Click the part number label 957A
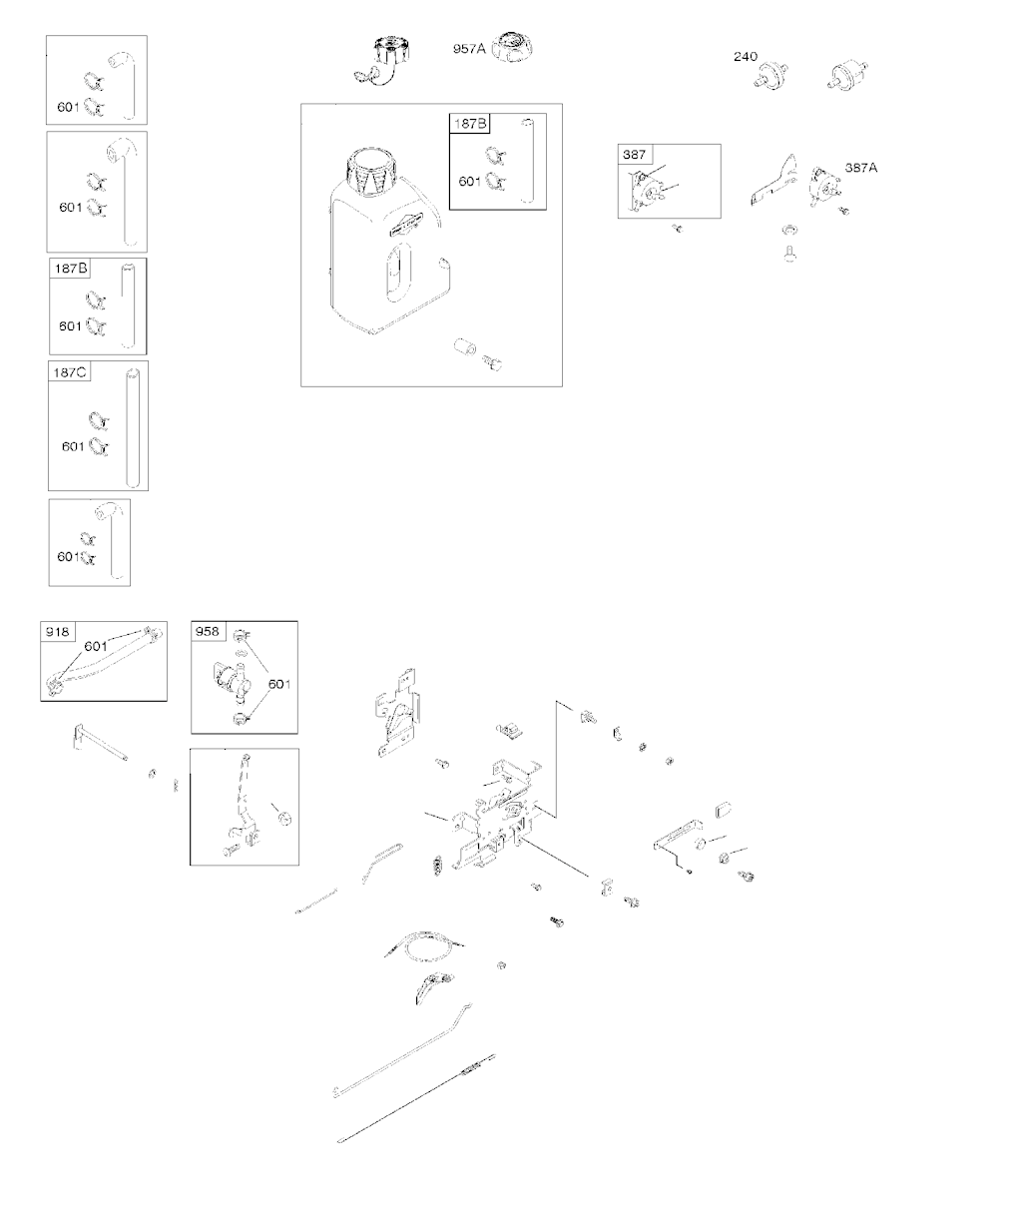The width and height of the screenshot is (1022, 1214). [469, 47]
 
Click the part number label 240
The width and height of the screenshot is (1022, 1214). [745, 57]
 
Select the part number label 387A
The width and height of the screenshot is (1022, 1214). [861, 168]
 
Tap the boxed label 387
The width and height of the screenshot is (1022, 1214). [635, 155]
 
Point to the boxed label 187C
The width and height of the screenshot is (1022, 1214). [69, 372]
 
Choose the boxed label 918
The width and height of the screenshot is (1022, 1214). [56, 631]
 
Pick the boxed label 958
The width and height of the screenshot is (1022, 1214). [208, 631]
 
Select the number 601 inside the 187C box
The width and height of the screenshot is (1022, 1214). [73, 447]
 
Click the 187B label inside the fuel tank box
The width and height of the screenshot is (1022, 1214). [470, 124]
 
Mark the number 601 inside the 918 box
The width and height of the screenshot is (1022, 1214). [96, 646]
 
